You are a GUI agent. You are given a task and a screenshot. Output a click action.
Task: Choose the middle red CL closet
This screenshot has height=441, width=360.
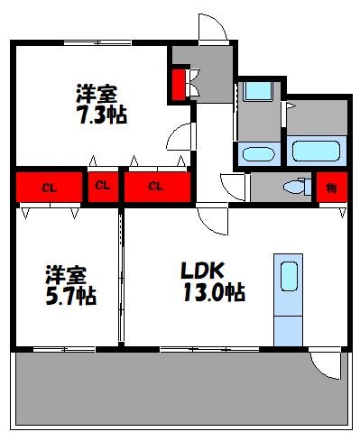tap(104, 187)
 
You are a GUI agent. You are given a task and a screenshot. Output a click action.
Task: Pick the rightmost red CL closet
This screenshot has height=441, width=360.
tap(156, 188)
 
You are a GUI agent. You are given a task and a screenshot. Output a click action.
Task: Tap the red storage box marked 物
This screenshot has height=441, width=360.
tap(330, 188)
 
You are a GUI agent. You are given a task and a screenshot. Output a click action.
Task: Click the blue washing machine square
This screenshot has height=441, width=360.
tap(258, 91)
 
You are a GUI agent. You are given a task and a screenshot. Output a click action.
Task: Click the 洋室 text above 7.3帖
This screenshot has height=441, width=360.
tap(97, 93)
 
